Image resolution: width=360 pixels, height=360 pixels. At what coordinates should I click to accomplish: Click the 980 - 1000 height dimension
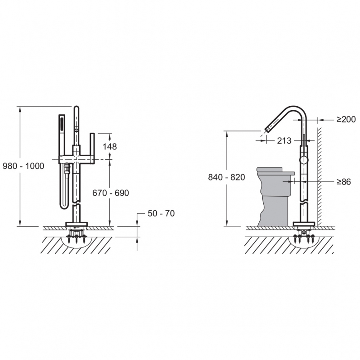point(23,166)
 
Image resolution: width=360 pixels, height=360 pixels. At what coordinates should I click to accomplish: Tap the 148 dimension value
point(109,147)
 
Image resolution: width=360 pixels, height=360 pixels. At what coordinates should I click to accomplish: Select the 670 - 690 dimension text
point(111,193)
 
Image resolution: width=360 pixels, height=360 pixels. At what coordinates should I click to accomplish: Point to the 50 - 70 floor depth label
point(161,213)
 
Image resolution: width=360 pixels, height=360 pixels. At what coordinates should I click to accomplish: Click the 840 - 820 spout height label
point(227,177)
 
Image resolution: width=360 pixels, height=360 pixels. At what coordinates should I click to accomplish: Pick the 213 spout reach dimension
point(284,141)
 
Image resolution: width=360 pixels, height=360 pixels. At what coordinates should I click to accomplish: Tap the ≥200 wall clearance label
point(346,119)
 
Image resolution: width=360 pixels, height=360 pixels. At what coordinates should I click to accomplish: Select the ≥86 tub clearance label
point(344,182)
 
